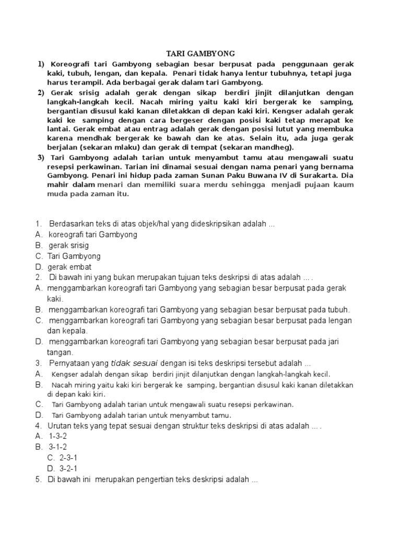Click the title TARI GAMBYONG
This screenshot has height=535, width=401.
[x=200, y=53]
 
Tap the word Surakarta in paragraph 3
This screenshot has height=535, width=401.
[x=321, y=176]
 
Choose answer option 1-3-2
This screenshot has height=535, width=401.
[x=57, y=436]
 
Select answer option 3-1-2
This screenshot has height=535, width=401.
[x=57, y=447]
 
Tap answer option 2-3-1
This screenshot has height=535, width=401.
[x=68, y=458]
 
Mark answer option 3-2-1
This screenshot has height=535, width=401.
[x=68, y=469]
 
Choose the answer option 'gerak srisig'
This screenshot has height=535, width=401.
[x=69, y=246]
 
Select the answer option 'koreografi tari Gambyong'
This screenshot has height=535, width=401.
[x=93, y=235]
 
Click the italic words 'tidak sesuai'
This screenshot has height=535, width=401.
[x=135, y=363]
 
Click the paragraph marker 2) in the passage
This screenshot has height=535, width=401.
[x=40, y=92]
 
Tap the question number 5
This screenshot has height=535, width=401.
[x=39, y=480]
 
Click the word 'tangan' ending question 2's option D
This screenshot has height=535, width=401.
[x=60, y=353]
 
